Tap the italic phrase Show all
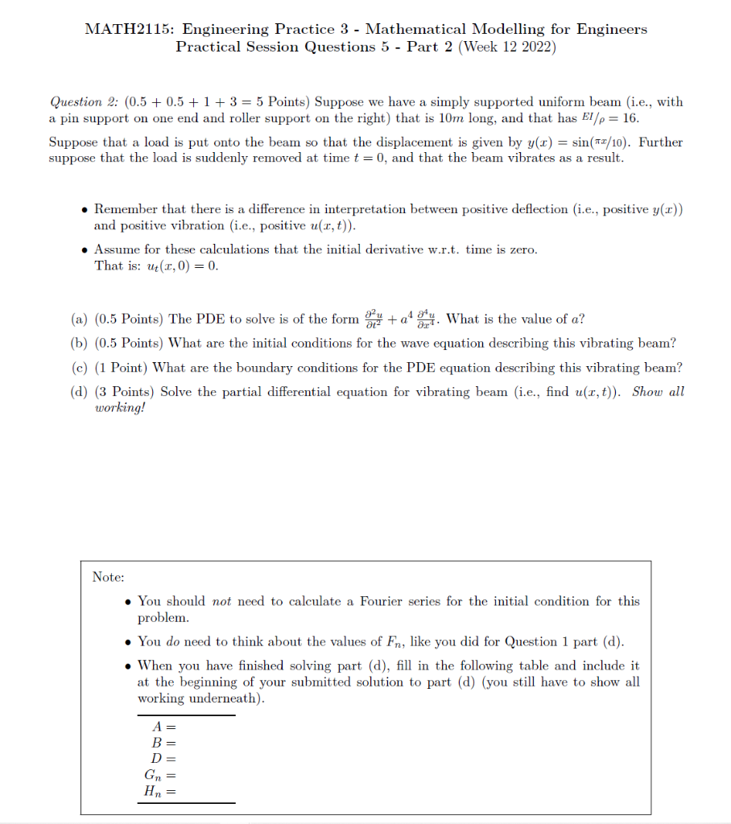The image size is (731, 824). (x=658, y=392)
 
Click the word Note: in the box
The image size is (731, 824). (x=108, y=577)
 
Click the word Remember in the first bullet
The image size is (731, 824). (x=126, y=209)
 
